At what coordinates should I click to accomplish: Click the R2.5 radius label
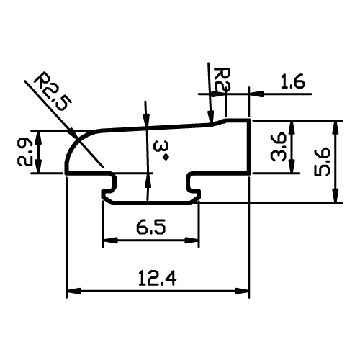coord(53,91)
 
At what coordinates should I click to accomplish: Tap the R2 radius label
coord(222,80)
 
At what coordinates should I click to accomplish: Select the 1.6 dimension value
coord(293,81)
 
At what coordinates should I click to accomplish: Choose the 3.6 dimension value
coord(278,147)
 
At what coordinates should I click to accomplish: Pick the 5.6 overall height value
coord(323,162)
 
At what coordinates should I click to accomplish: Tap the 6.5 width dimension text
coord(151,228)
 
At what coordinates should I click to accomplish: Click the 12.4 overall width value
coord(158,279)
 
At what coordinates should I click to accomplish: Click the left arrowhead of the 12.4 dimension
coord(73,291)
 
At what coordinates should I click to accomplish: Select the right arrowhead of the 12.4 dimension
coord(242,291)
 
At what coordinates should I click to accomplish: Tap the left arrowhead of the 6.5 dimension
coord(110,240)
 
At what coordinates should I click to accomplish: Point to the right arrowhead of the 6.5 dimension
coord(192,240)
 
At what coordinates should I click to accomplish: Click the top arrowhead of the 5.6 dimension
coord(336,127)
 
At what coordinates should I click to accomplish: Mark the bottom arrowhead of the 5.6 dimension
coord(336,196)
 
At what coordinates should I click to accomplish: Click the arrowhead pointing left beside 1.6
coord(256,94)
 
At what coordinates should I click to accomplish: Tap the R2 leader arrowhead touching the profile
coord(210,117)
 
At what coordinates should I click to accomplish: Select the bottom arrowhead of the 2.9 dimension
coord(38,166)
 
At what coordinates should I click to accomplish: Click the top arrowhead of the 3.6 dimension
coord(292,127)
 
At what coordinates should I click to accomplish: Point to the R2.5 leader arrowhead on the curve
coord(73,134)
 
